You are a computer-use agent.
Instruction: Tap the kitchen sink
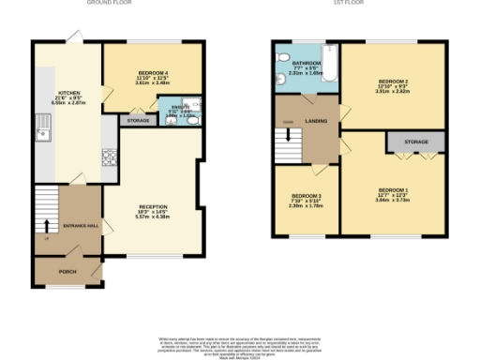point(41,130)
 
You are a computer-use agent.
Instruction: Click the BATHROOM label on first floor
point(307,62)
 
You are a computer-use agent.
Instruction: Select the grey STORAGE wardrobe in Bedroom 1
point(416,142)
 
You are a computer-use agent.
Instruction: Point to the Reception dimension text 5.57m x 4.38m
point(153,217)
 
